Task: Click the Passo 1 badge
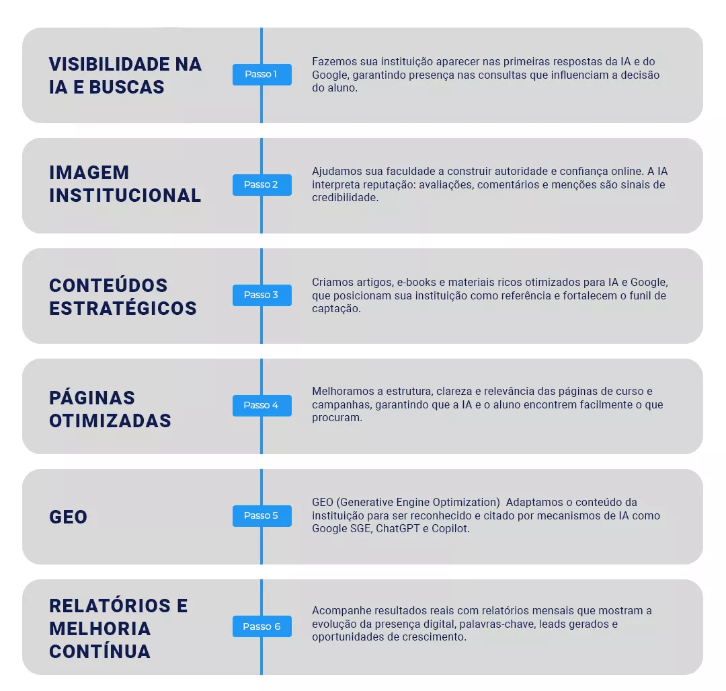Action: click(261, 75)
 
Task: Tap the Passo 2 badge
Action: click(261, 185)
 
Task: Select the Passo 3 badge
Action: click(261, 295)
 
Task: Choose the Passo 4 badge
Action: click(261, 406)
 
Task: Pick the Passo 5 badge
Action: click(261, 516)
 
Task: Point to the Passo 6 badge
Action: click(261, 626)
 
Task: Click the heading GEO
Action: click(69, 517)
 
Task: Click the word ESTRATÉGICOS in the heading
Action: click(123, 308)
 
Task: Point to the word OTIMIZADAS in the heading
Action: click(110, 421)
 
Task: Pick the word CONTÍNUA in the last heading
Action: click(99, 651)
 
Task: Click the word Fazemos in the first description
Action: click(332, 61)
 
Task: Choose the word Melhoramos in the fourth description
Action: click(340, 392)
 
